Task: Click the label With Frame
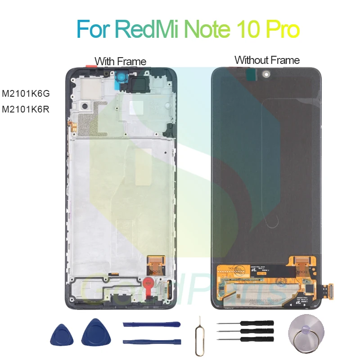(x=120, y=61)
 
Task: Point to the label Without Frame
(x=267, y=60)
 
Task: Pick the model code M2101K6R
(x=26, y=108)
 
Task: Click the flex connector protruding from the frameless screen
(x=329, y=291)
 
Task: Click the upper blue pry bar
(x=151, y=324)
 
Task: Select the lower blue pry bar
(x=151, y=341)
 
